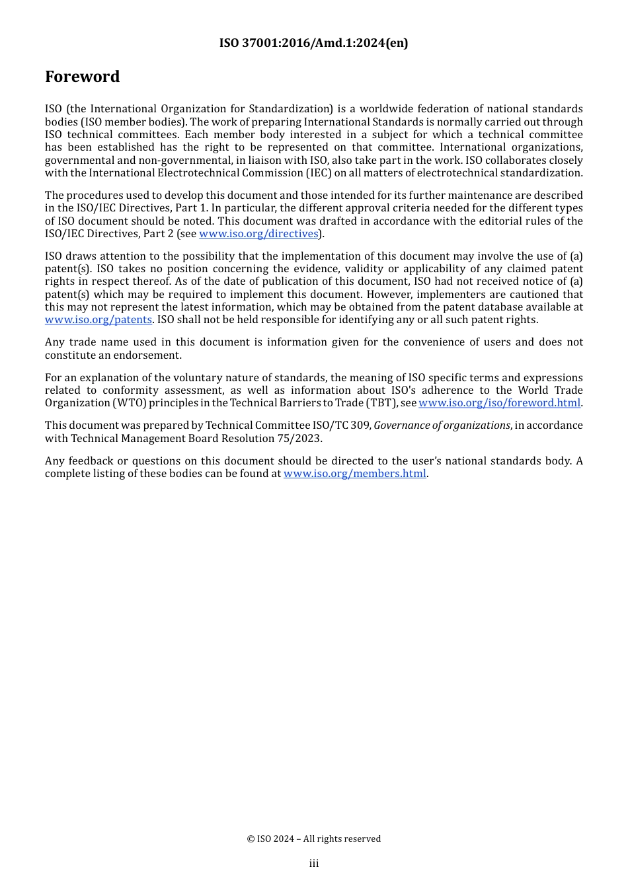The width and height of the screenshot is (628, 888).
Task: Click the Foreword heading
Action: [x=82, y=77]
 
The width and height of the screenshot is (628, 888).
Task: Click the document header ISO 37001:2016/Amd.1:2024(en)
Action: [x=313, y=43]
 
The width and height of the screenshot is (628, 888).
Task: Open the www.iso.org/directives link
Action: [x=258, y=234]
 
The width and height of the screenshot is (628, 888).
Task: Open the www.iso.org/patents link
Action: [x=98, y=320]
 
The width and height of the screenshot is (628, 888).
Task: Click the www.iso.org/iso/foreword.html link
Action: [x=499, y=403]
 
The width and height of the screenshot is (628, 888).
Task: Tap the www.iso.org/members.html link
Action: [x=354, y=474]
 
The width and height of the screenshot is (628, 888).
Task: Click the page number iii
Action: [x=314, y=864]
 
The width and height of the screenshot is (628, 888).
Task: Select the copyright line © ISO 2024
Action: [x=313, y=838]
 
